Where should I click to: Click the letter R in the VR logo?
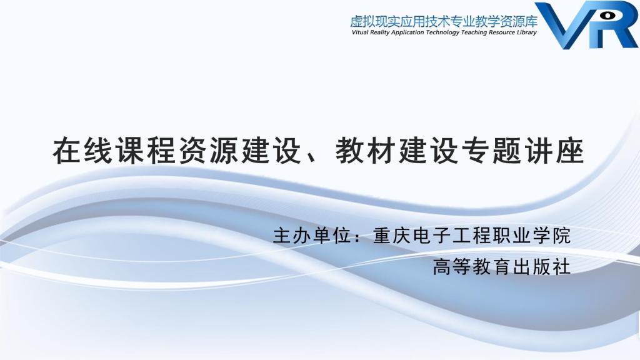[612, 24]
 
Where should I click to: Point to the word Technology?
[442, 32]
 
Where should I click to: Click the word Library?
[526, 32]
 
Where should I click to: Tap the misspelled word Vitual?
[360, 32]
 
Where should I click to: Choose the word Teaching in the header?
[474, 32]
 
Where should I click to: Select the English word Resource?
[502, 32]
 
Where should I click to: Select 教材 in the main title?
[365, 151]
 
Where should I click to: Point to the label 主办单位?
[311, 236]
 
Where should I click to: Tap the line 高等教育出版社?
[502, 267]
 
